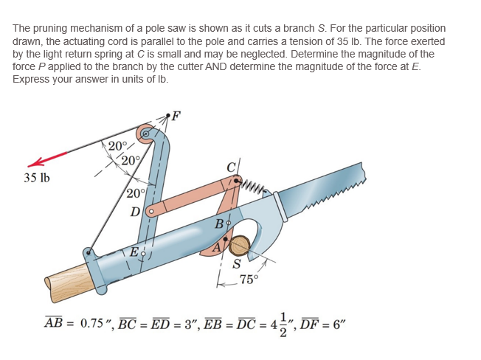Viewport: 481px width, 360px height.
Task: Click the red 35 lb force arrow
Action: coord(48,159)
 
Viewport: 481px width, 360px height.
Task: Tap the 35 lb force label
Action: coord(37,178)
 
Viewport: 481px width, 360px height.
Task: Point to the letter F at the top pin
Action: coord(176,114)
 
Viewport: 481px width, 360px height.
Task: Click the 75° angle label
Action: coord(249,279)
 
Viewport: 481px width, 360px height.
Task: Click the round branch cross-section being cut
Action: coord(240,245)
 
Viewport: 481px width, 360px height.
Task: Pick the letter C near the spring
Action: coord(232,166)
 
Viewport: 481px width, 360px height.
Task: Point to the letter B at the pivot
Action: coord(219,223)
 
